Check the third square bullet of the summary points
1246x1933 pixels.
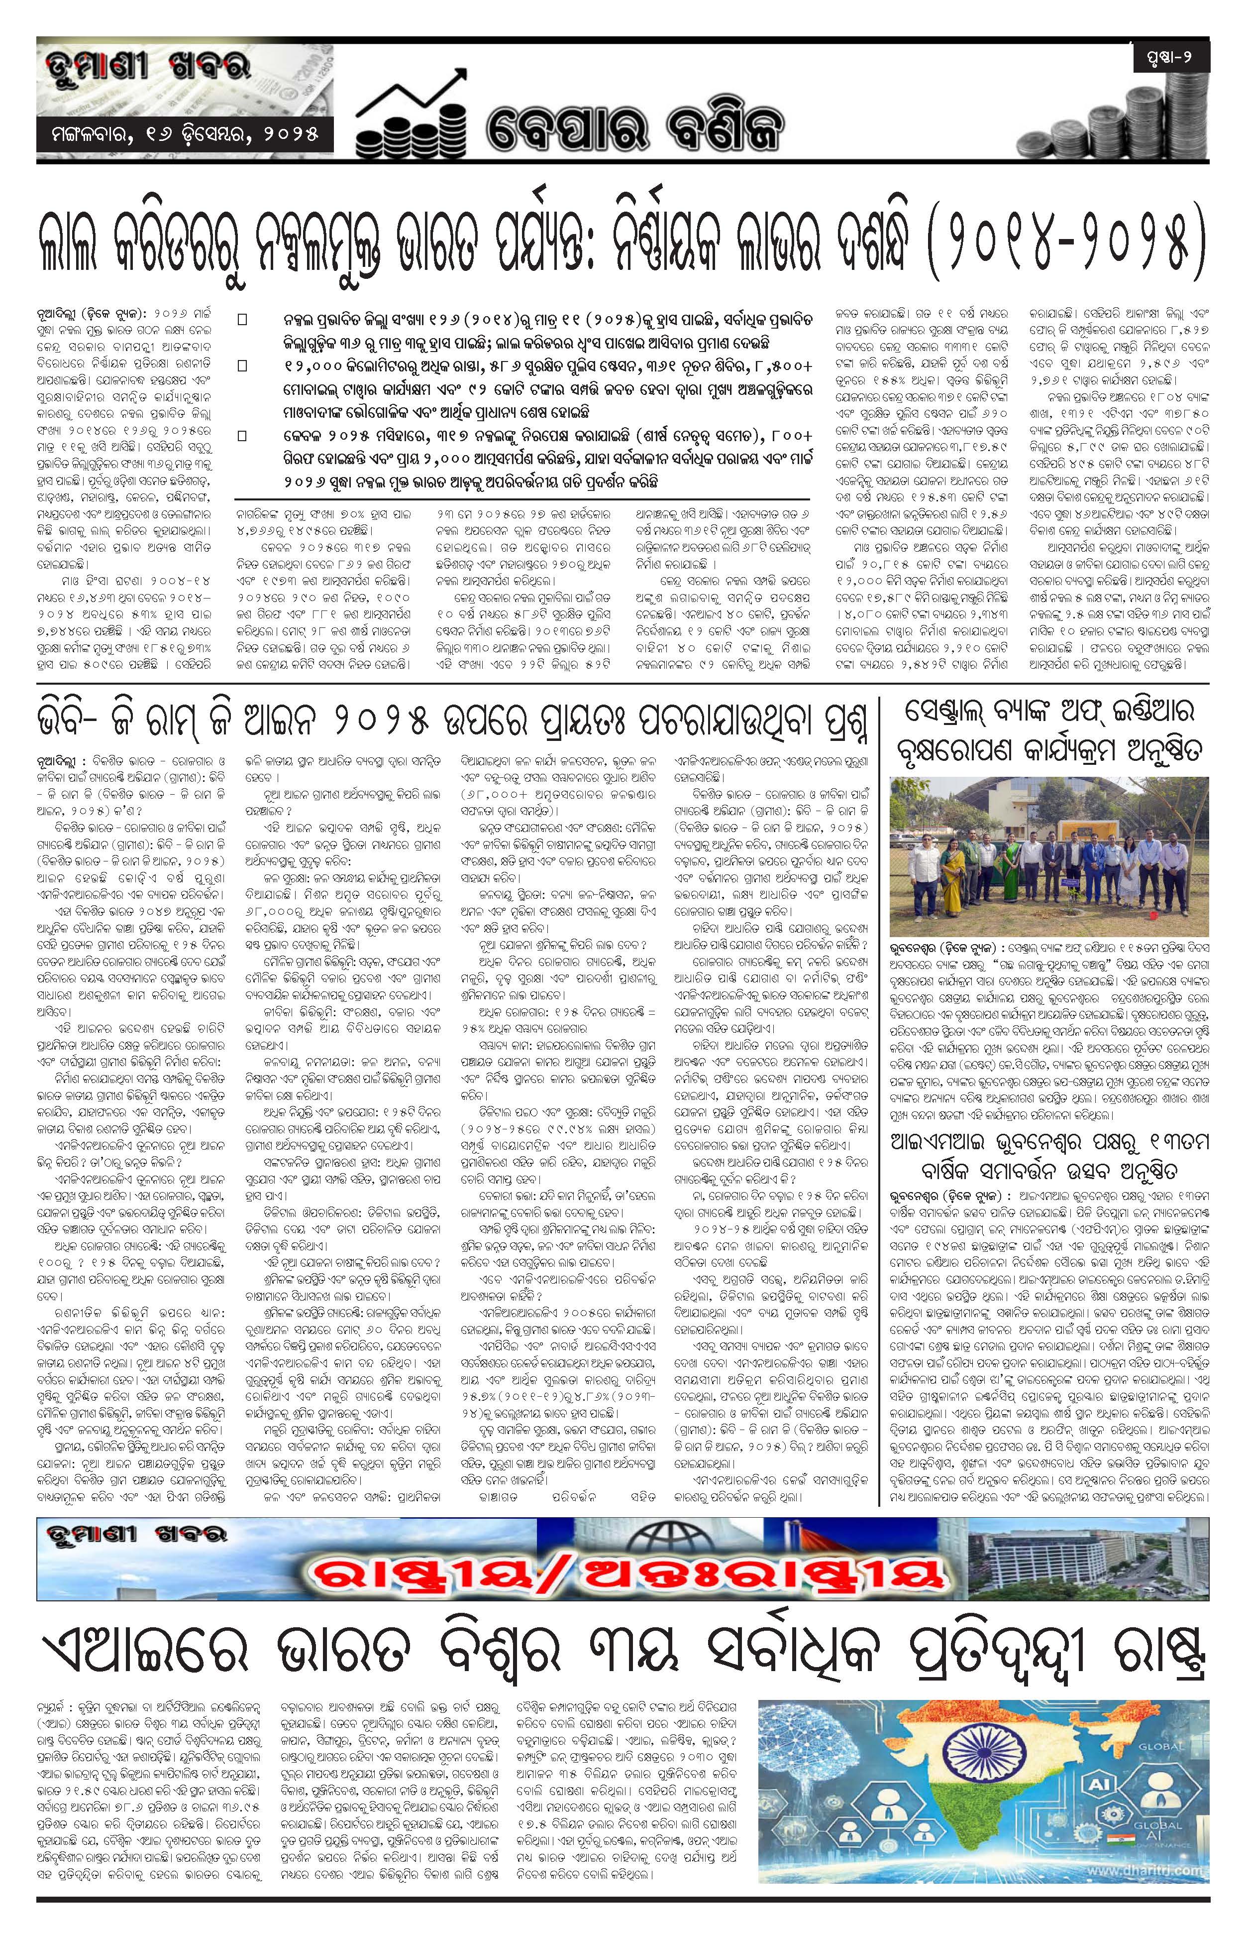click(242, 436)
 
